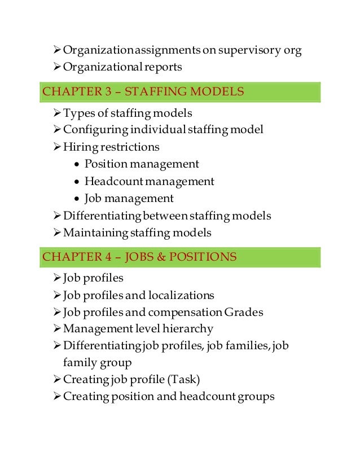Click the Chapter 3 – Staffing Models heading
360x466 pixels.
click(143, 91)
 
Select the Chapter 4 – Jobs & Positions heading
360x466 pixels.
click(139, 257)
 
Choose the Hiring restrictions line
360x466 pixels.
click(111, 147)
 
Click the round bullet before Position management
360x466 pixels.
click(76, 165)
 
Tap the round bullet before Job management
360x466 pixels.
click(76, 199)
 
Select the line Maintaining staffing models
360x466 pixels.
click(137, 232)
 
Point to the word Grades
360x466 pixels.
click(243, 312)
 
